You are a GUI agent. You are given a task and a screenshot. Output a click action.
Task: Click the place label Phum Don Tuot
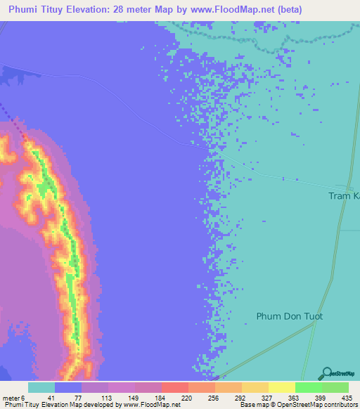tap(289, 316)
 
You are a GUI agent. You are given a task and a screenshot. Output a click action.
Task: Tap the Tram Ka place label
tap(344, 196)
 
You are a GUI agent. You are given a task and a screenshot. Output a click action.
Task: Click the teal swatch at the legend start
tap(41, 387)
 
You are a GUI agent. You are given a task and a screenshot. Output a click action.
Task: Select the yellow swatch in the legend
tap(281, 387)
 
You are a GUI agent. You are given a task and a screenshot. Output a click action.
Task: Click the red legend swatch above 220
tap(174, 387)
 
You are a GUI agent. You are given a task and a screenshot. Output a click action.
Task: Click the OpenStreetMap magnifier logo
tap(324, 373)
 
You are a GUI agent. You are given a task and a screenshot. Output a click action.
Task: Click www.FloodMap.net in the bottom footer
tap(153, 405)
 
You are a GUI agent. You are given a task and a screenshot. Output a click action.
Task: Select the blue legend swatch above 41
tap(67, 387)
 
